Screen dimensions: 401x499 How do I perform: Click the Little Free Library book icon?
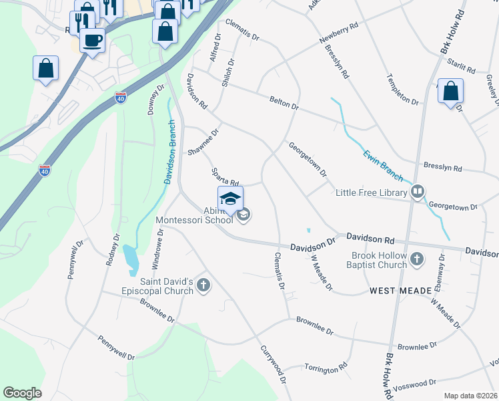418,192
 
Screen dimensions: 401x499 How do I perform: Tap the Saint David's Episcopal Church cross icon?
203,286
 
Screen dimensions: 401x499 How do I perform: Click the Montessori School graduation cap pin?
230,199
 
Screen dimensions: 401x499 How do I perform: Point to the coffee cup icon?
92,39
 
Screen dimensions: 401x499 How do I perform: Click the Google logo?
22,393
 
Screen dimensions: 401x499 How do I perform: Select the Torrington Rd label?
326,367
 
